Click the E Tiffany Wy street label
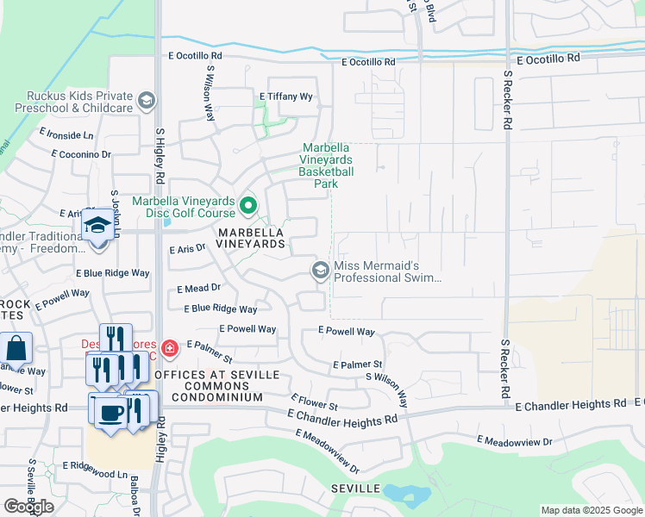(x=286, y=97)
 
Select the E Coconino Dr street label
(x=81, y=154)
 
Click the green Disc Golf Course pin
(x=247, y=205)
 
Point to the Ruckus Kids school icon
(x=147, y=102)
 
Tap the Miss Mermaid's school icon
(x=320, y=271)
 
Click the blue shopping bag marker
(x=16, y=349)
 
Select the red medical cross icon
(x=170, y=349)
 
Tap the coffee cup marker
(x=110, y=411)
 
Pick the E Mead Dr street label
(x=198, y=290)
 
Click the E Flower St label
(x=314, y=402)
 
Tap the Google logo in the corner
(x=28, y=507)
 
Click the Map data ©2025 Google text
(x=592, y=510)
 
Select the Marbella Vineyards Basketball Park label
(x=327, y=165)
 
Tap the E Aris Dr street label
(x=187, y=248)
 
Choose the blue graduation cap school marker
(x=97, y=225)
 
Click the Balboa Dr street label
(x=136, y=495)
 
